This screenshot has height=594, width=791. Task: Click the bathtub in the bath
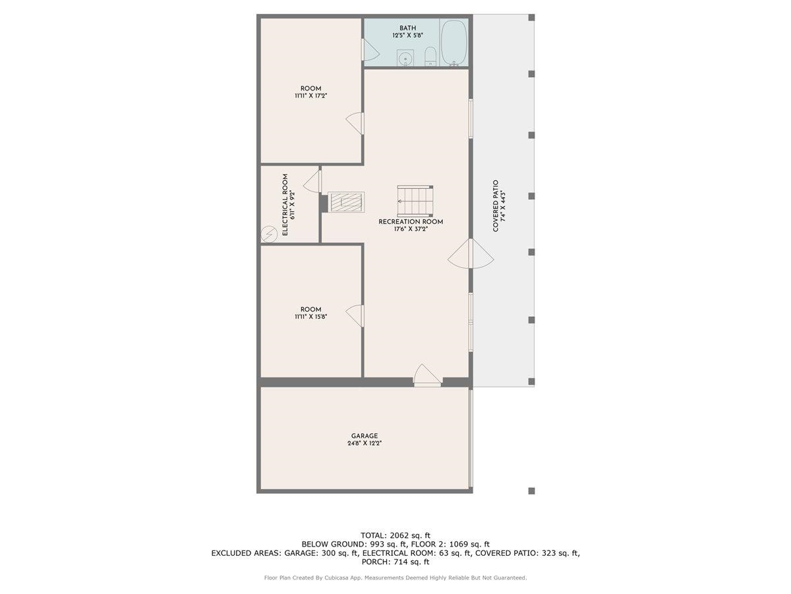(x=454, y=44)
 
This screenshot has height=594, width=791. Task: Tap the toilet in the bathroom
(x=430, y=57)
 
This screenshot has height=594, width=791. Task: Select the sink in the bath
(x=405, y=58)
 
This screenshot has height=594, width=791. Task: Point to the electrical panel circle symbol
(x=270, y=234)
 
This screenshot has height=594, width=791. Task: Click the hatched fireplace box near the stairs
(x=346, y=203)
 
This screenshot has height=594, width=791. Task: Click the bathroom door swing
(x=370, y=49)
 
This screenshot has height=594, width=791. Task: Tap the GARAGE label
(x=364, y=436)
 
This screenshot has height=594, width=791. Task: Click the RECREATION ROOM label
(x=411, y=222)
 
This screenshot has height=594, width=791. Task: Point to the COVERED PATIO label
(x=496, y=206)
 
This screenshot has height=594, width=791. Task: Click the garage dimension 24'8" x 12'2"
(x=364, y=444)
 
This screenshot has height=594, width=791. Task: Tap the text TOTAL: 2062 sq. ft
(x=395, y=535)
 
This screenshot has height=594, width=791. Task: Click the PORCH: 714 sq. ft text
(x=395, y=562)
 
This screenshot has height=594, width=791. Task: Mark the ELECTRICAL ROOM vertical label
(x=285, y=205)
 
